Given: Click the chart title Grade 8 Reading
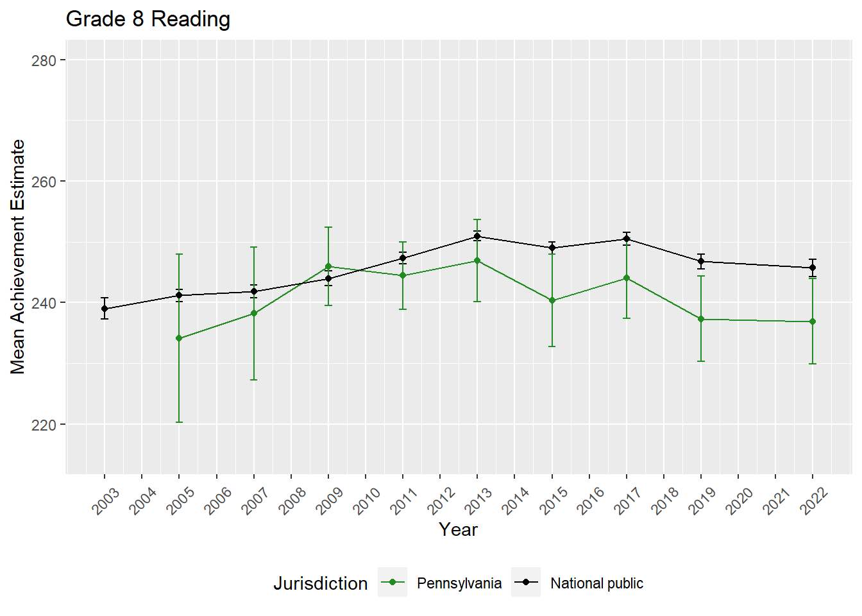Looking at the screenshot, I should (148, 19).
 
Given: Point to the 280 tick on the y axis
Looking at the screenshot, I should (44, 60).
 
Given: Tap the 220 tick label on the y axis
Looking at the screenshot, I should (44, 425).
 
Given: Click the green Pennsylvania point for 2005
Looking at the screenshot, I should (179, 339).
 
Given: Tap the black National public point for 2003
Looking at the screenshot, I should (105, 309).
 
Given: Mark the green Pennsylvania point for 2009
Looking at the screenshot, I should (328, 266).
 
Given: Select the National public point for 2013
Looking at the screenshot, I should (477, 236).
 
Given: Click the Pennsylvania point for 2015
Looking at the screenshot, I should (552, 300).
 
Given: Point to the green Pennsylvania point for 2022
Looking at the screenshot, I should (813, 321).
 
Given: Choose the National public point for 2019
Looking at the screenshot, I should (701, 261).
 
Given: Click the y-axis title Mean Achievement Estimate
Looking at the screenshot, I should (18, 257).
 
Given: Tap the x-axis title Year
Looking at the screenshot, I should (458, 529).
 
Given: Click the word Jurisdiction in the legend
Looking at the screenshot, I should (321, 583).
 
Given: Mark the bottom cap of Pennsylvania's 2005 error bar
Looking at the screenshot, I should (179, 422).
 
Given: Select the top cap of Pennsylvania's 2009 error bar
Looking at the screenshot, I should (328, 227).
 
